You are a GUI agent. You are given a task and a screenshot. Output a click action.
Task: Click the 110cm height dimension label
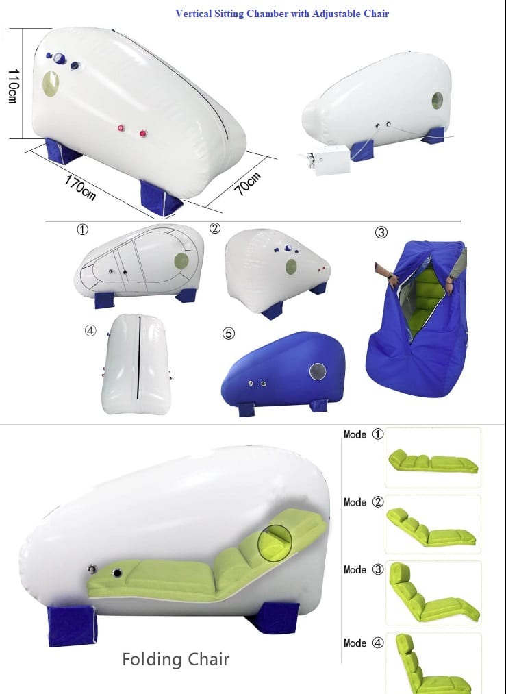pos(13,86)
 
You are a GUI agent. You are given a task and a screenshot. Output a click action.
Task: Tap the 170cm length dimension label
pos(80,188)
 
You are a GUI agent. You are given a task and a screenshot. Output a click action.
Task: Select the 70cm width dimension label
pos(248,184)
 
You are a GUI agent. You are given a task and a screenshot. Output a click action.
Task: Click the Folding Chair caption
pos(175,660)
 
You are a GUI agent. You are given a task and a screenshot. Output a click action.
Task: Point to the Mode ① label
pos(364,434)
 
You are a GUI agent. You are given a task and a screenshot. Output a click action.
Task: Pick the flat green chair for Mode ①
pos(433,461)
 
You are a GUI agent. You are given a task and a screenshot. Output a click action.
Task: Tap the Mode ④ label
pos(364,643)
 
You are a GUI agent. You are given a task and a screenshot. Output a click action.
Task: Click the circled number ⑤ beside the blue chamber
pos(228,333)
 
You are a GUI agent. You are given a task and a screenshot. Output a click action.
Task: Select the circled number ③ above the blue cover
pos(381,232)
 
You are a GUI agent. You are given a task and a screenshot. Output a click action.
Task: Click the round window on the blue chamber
pos(318,371)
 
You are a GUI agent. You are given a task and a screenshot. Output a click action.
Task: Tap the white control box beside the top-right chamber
pos(330,160)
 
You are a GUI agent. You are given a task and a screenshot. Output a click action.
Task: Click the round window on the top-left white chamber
pos(51,84)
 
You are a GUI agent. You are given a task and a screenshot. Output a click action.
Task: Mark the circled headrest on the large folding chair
pos(275,543)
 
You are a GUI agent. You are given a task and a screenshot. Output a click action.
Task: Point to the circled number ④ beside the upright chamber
pos(90,330)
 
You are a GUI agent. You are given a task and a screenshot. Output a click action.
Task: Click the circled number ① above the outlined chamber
pos(82,230)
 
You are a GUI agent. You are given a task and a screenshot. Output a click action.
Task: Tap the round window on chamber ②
pos(290,267)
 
